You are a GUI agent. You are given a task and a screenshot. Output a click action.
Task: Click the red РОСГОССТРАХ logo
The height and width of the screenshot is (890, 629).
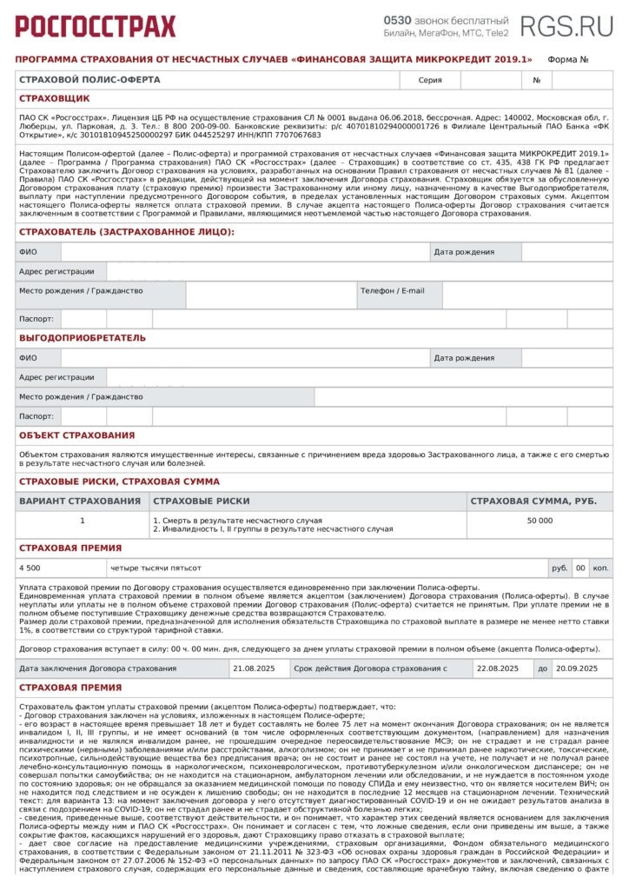[x=95, y=26]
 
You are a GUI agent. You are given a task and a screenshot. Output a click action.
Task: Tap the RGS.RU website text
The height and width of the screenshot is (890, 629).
[x=566, y=26]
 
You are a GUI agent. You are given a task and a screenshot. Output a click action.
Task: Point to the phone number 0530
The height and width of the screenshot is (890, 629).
[x=397, y=20]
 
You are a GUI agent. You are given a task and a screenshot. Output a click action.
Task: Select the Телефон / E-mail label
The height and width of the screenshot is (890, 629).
[x=393, y=290]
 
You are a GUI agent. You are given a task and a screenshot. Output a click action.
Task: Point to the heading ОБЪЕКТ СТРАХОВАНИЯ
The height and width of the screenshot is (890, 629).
[x=77, y=435]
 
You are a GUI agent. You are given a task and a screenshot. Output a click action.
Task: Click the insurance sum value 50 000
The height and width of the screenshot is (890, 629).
[x=539, y=520]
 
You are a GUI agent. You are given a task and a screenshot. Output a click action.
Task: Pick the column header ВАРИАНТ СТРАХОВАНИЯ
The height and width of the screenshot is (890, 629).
[x=80, y=501]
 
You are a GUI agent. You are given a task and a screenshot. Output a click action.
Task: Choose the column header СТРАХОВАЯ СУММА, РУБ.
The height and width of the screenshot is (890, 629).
[x=533, y=501]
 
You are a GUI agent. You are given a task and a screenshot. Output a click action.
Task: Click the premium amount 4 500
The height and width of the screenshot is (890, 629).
[x=30, y=568]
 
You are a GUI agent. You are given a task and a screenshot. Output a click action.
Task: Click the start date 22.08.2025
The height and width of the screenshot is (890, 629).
[x=497, y=667]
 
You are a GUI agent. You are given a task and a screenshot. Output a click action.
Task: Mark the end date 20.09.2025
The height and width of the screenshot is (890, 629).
[x=577, y=667]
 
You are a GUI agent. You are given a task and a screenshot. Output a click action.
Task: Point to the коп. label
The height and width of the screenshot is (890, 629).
[x=600, y=568]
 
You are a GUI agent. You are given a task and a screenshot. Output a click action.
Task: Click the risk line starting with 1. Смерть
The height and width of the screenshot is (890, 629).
[x=236, y=520]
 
